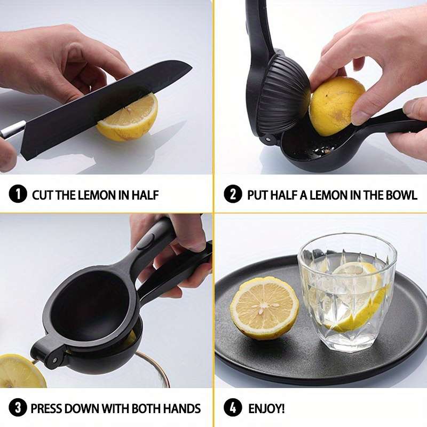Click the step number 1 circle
click(18, 194)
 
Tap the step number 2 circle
click(233, 194)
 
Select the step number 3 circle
click(18, 408)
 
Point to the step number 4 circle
click(233, 408)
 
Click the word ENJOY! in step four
click(266, 408)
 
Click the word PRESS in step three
click(46, 408)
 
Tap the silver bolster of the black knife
click(12, 129)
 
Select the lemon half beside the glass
click(264, 308)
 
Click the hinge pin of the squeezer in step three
click(56, 360)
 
